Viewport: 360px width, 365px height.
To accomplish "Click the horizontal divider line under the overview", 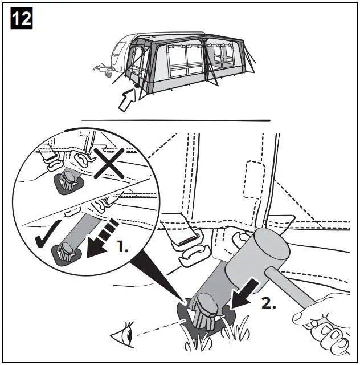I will tap(175, 120).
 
